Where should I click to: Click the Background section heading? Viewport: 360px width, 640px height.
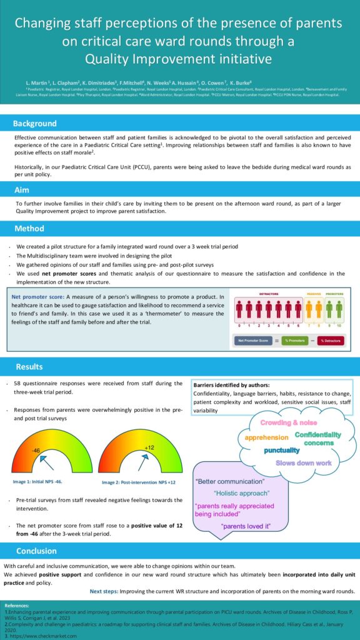coord(35,124)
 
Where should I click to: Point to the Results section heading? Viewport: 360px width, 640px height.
coord(29,367)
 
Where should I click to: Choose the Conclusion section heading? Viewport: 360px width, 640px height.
coord(36,551)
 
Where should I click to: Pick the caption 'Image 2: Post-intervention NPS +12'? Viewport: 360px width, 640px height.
coord(136,482)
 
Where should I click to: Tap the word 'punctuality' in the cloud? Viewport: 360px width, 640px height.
coord(286,450)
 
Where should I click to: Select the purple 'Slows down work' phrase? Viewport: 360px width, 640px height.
coord(303,463)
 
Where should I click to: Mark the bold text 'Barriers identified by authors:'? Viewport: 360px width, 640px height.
coord(231,385)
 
